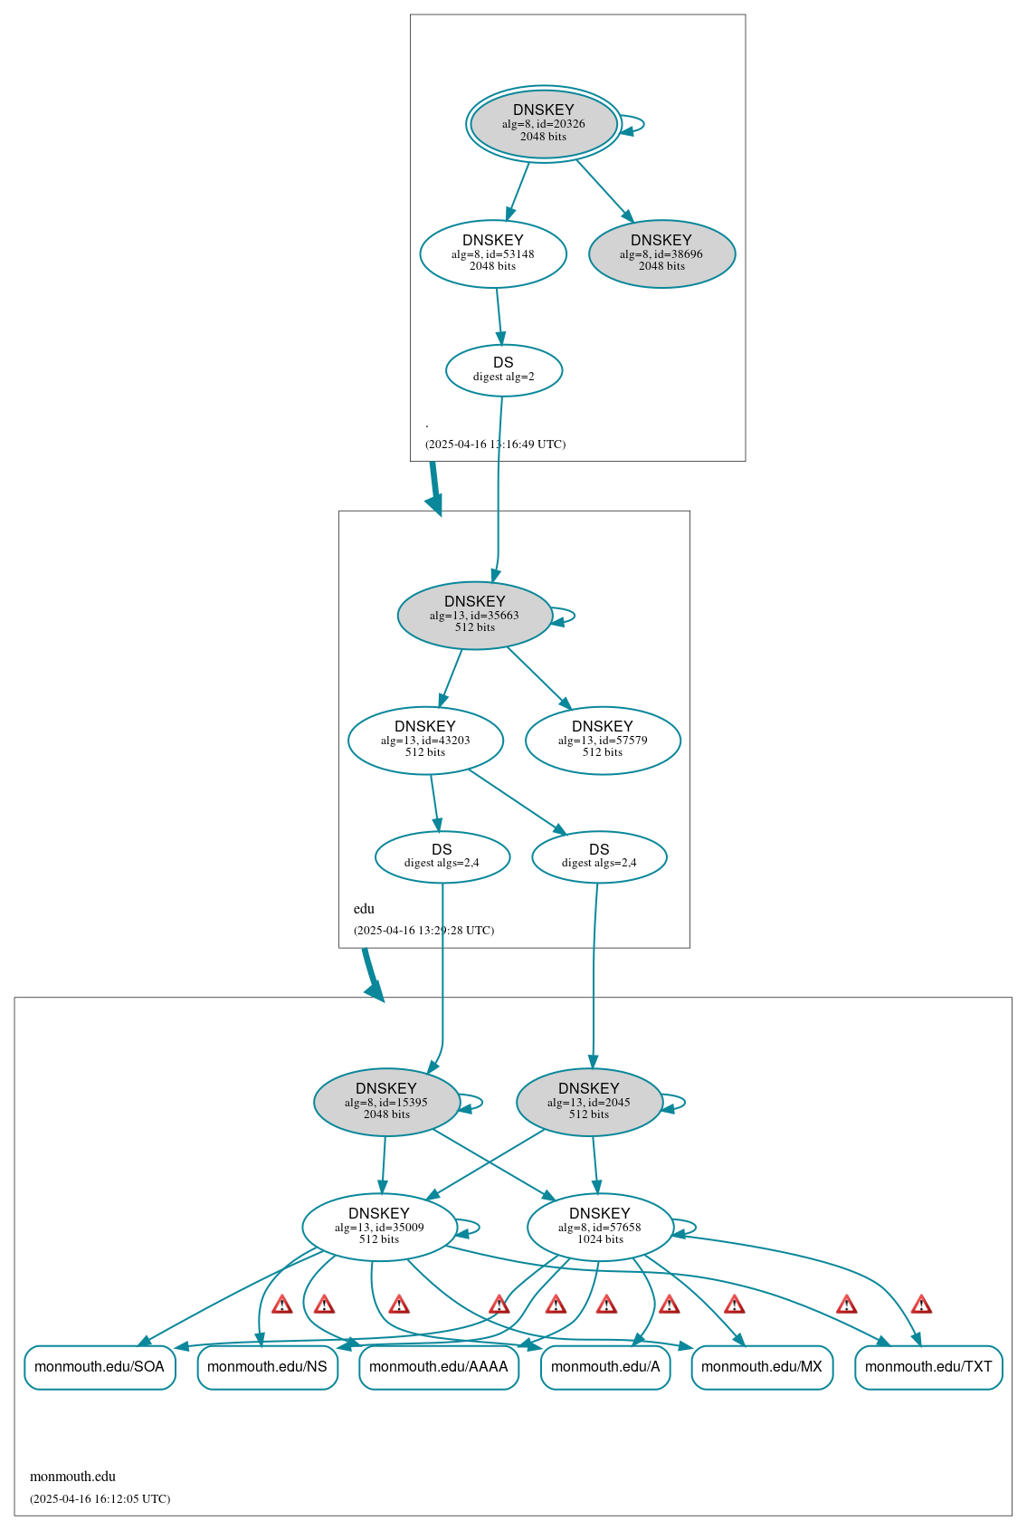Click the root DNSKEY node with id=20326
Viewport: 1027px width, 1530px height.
(543, 123)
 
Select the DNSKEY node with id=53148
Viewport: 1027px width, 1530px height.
(493, 253)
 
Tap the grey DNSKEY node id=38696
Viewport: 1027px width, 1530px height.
(661, 253)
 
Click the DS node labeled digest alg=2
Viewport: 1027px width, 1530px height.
(504, 369)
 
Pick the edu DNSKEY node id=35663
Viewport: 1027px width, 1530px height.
(474, 615)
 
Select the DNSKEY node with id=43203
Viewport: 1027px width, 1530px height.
(425, 740)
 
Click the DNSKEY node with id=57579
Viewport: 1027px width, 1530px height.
(603, 740)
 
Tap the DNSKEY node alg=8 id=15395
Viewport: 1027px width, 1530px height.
(386, 1102)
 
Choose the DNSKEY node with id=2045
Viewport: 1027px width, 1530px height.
(589, 1102)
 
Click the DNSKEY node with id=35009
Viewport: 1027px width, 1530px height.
(379, 1227)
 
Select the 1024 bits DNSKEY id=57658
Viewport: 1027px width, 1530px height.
(600, 1227)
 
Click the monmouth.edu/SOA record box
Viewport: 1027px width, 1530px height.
(100, 1366)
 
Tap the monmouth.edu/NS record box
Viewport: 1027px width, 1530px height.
(267, 1366)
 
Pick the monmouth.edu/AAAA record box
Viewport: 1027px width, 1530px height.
(439, 1366)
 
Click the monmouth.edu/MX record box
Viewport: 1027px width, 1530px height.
(762, 1366)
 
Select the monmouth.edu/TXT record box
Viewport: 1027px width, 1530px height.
(928, 1366)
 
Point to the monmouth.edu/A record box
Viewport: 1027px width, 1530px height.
(605, 1366)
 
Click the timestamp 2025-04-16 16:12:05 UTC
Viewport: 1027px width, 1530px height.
(100, 1498)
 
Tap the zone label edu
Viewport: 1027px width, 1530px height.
(364, 909)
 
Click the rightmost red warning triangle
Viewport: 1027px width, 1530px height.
(921, 1305)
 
